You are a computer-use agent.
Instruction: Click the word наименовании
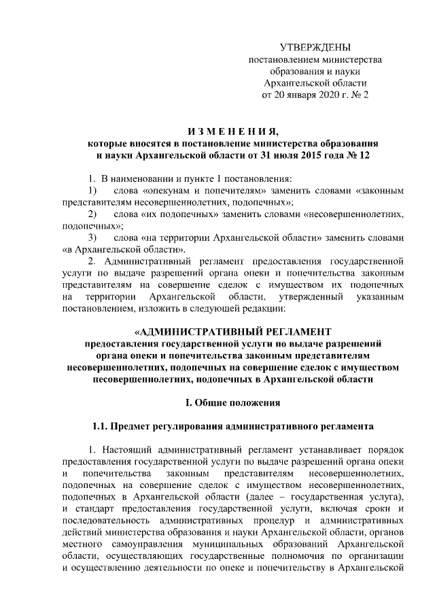tap(139, 178)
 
